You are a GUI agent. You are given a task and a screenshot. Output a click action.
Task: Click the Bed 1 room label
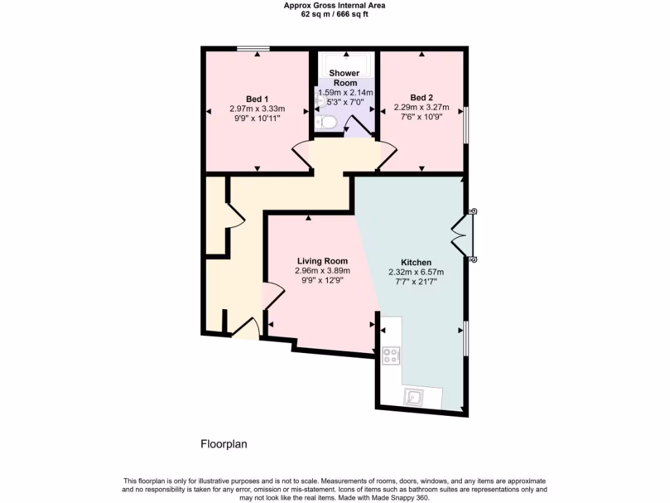256,98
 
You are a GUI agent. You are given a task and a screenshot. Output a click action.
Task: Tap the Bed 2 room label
421,97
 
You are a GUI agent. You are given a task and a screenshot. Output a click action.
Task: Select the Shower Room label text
344,78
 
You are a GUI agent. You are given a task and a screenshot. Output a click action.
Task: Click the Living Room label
322,261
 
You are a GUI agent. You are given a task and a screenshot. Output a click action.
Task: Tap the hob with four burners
391,356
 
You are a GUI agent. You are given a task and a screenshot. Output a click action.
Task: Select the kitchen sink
414,396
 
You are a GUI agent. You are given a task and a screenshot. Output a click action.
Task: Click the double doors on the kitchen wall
465,235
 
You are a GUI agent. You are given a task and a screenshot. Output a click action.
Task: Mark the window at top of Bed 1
253,48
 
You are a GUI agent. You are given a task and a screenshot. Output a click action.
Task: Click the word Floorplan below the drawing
223,444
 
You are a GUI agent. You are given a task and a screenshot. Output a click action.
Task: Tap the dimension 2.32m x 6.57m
415,272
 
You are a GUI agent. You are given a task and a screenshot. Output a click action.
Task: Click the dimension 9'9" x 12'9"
322,280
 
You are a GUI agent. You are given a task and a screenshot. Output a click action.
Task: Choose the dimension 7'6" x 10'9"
421,117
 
